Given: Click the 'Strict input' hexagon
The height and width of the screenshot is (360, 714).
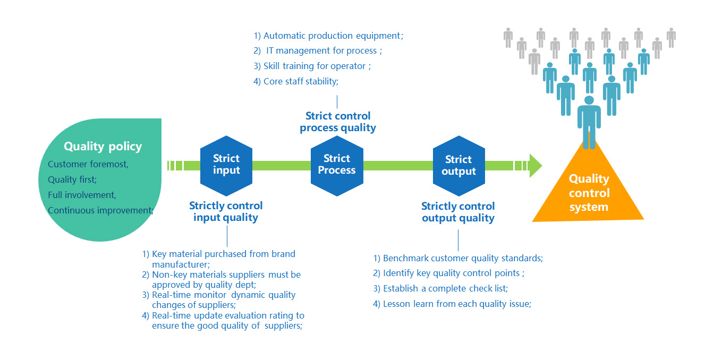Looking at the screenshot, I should pyautogui.click(x=226, y=165).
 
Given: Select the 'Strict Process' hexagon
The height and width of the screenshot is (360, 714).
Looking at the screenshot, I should pyautogui.click(x=337, y=165).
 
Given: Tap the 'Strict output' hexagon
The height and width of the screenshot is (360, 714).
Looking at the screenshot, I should pyautogui.click(x=458, y=166).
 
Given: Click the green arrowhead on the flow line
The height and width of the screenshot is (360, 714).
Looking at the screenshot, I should pyautogui.click(x=535, y=166).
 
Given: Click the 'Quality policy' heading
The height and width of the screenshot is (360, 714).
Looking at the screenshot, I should pyautogui.click(x=103, y=147).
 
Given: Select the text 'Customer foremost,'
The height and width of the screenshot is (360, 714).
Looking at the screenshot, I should pyautogui.click(x=88, y=164).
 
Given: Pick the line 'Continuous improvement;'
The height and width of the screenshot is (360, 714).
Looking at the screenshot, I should pyautogui.click(x=100, y=210).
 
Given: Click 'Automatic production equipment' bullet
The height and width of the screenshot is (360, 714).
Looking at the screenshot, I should pyautogui.click(x=328, y=36).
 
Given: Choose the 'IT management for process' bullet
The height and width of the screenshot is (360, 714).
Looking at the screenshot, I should pyautogui.click(x=318, y=51).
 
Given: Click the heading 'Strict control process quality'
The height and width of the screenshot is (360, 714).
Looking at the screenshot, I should pyautogui.click(x=338, y=122).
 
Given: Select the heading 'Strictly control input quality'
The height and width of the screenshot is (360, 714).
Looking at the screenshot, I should pyautogui.click(x=226, y=211).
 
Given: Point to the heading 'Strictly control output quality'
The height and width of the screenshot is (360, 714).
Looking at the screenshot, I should pyautogui.click(x=458, y=212).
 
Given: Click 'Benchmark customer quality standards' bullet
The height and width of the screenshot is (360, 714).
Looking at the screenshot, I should pyautogui.click(x=457, y=259).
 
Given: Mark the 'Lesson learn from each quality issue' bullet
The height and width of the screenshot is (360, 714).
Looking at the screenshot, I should pyautogui.click(x=452, y=304).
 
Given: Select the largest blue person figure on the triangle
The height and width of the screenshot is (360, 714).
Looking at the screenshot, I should pyautogui.click(x=589, y=121).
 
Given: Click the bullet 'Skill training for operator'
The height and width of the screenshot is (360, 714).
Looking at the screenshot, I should pyautogui.click(x=312, y=66).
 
